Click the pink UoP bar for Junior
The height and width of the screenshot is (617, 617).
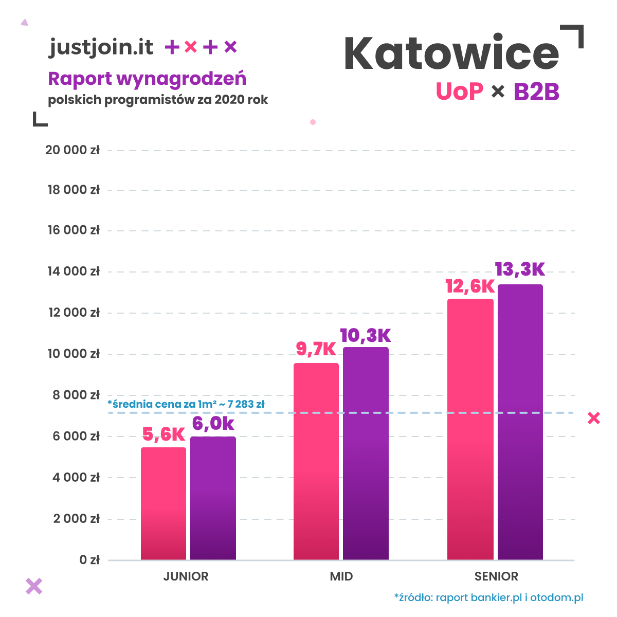(x=164, y=503)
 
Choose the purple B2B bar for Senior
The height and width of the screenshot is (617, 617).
(x=520, y=422)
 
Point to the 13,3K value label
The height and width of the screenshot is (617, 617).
(x=519, y=269)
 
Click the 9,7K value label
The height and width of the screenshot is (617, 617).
(x=316, y=349)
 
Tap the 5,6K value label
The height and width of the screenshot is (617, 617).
(x=163, y=434)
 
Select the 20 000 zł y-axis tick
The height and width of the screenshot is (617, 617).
(x=72, y=150)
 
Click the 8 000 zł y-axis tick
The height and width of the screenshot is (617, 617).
(x=76, y=395)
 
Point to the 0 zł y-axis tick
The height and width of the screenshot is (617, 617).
(x=89, y=560)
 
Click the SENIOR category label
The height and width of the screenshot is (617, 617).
(x=496, y=576)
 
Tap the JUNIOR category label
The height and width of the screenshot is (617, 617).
(x=186, y=576)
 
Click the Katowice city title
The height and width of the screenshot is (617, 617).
(x=451, y=53)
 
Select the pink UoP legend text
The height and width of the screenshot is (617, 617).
(x=459, y=92)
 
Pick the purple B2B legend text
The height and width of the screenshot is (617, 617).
(x=536, y=92)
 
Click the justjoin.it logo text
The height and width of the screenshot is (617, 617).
(x=101, y=47)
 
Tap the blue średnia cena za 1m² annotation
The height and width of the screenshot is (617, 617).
(x=186, y=404)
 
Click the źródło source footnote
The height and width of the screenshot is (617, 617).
(x=488, y=597)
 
